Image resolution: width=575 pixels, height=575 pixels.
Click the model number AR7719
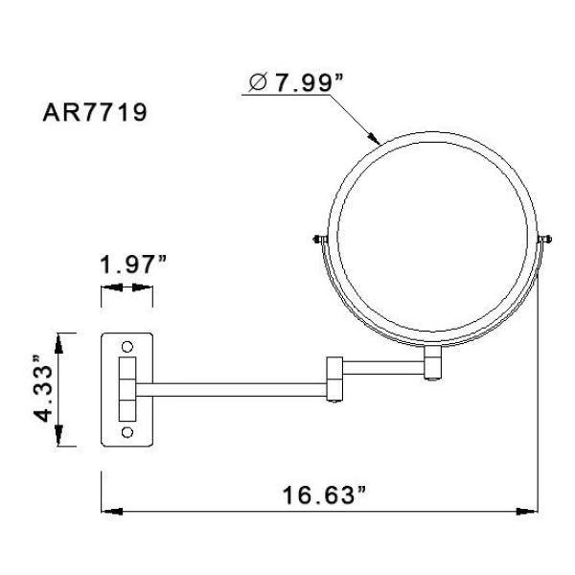(x=95, y=112)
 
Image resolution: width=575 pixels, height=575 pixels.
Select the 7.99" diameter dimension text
(x=309, y=82)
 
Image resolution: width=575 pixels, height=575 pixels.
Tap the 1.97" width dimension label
(x=133, y=264)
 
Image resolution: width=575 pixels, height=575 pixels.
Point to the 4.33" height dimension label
(x=44, y=388)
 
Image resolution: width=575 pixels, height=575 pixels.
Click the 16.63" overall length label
(x=324, y=494)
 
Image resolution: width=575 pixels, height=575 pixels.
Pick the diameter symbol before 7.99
(x=258, y=82)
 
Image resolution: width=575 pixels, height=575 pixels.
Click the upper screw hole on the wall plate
(x=127, y=346)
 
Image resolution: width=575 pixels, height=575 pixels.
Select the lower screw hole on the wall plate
(x=127, y=433)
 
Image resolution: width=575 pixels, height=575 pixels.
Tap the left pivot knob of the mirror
(x=320, y=240)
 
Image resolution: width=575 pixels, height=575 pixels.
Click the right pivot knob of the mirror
(x=545, y=240)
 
